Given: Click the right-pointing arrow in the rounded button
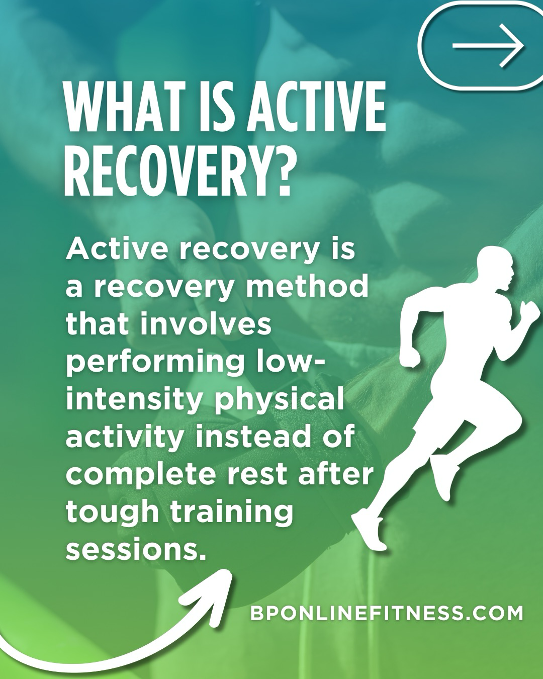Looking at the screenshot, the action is tap(488, 46).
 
